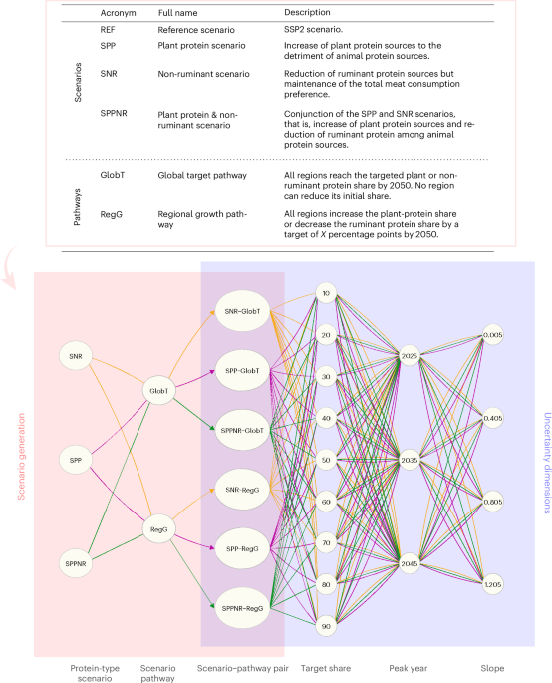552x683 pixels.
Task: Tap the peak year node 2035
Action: click(x=409, y=462)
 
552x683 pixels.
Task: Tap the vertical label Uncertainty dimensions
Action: click(x=542, y=460)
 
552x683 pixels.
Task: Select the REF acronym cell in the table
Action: click(x=112, y=30)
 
